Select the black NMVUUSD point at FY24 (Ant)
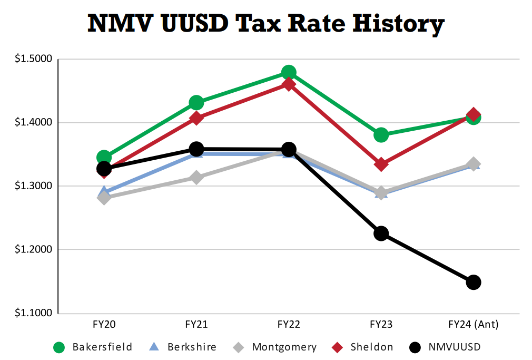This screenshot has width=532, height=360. tap(473, 282)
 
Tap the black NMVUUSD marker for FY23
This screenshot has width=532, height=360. tap(381, 233)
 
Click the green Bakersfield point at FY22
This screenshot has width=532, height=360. tap(289, 72)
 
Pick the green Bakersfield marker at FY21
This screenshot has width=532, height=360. tap(196, 102)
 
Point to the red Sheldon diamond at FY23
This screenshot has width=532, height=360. tap(381, 164)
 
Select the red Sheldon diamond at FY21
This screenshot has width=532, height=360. tap(196, 118)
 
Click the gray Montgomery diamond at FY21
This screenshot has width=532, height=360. tap(196, 178)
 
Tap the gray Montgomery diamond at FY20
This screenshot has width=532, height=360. tap(104, 198)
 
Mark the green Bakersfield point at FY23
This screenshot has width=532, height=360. tap(381, 135)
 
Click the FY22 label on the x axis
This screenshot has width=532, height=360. tap(289, 325)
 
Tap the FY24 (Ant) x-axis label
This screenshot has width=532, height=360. tap(473, 325)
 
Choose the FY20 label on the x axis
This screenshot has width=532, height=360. tap(104, 325)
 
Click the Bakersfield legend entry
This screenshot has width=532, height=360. tap(93, 347)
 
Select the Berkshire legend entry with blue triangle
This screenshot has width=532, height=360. tap(182, 347)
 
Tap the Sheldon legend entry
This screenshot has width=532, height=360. tap(363, 347)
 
